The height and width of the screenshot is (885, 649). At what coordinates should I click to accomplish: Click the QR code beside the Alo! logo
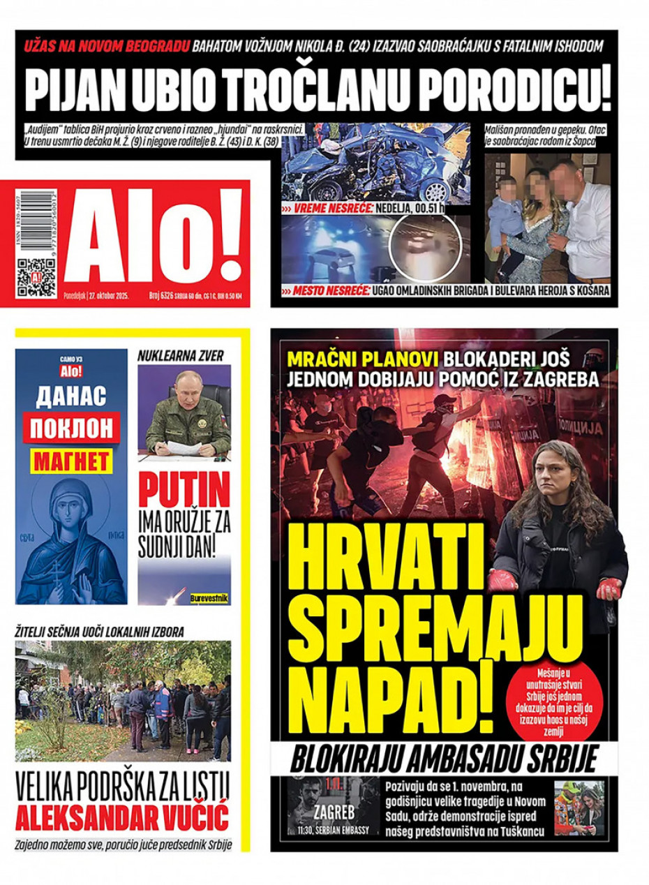click(36, 277)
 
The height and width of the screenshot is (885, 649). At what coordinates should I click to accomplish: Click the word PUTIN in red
click(184, 489)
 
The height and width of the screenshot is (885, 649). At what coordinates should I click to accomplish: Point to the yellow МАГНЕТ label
click(71, 460)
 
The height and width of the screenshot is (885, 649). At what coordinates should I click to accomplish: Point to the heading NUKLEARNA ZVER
click(181, 356)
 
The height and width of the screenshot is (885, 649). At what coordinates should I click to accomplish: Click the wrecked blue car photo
click(375, 164)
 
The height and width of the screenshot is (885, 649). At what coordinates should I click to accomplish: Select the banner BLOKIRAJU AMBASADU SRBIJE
click(444, 760)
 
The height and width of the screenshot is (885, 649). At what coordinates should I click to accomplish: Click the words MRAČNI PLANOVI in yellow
click(363, 359)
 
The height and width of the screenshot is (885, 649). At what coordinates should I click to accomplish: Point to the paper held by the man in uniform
click(184, 447)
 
